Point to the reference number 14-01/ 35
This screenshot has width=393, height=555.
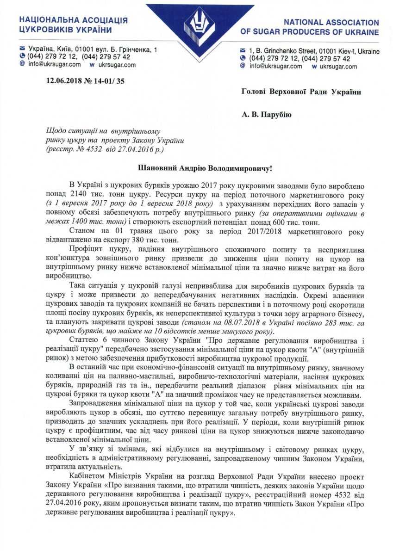tap(109, 82)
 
